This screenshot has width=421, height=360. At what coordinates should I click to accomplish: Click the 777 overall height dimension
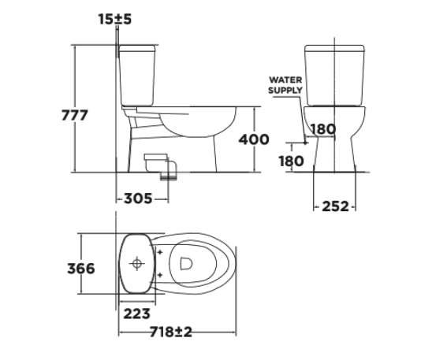[75, 115]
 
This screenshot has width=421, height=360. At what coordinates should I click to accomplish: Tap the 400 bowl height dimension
[253, 139]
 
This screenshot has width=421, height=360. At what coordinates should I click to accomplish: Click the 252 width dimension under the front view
[335, 206]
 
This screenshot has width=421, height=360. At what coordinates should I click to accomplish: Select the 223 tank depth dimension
[137, 313]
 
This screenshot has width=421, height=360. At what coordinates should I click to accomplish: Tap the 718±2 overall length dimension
[171, 332]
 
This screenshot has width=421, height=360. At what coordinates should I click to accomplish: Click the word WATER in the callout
[285, 80]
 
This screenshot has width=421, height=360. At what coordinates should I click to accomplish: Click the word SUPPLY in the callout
[285, 91]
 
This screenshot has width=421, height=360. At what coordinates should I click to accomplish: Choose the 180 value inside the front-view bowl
[323, 129]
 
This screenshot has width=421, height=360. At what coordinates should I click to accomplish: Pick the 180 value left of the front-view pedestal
[292, 161]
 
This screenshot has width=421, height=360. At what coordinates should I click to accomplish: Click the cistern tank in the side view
[139, 75]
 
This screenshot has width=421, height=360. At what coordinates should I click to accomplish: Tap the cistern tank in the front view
[335, 75]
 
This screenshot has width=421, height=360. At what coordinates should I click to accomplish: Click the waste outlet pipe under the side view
[163, 165]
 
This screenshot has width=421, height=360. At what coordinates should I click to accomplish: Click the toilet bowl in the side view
[197, 126]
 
